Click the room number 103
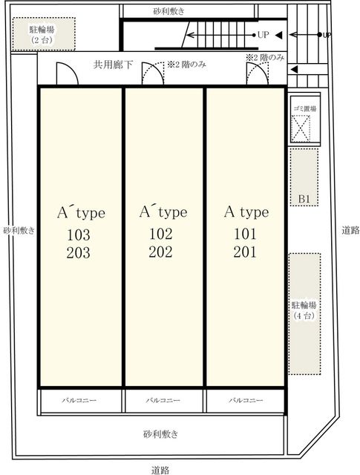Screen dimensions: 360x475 coord(78,235)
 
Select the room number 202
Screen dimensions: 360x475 coord(160,252)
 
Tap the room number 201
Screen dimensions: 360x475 coord(245,252)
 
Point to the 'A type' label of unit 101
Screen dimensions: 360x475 coord(246,212)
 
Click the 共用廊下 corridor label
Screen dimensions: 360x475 coord(113,65)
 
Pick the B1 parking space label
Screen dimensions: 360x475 coord(304,199)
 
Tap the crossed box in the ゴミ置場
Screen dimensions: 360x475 coord(301,128)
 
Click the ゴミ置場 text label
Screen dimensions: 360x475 coord(305,108)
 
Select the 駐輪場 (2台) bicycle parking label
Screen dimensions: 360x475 coord(42,35)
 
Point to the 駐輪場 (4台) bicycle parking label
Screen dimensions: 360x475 coord(304,310)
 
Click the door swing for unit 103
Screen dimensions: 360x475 coord(68,73)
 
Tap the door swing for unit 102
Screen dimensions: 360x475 coord(153,73)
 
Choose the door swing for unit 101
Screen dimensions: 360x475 coord(258,73)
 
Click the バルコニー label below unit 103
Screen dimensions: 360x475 coord(79,400)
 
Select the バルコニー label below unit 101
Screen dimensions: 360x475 coord(246,400)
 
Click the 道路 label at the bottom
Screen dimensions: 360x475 coord(160,470)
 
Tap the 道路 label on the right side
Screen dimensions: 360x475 coord(350,230)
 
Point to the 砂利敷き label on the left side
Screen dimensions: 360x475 coord(19,231)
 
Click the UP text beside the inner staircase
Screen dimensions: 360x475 coord(263,35)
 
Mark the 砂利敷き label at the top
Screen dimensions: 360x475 coord(168,12)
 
